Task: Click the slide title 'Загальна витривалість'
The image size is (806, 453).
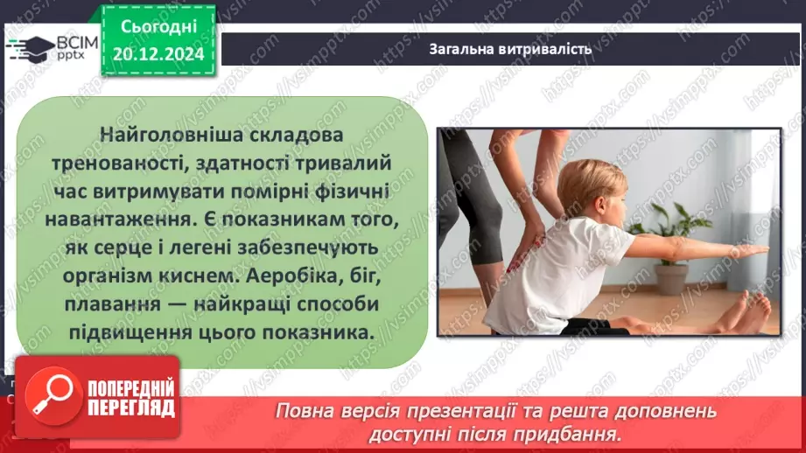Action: [x=510, y=48]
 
